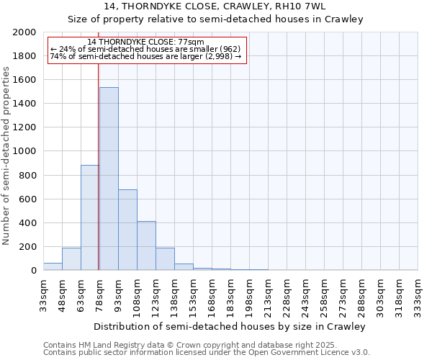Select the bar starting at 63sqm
point(90,217)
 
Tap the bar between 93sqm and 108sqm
point(127,230)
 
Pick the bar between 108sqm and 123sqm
point(146,246)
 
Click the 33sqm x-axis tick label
point(43,294)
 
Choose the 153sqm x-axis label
point(193,294)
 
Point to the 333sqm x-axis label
point(418,294)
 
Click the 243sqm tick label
point(305,294)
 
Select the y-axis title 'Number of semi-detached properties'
point(7,156)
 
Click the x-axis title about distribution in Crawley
point(230,326)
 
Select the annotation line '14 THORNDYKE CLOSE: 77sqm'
point(146,42)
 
